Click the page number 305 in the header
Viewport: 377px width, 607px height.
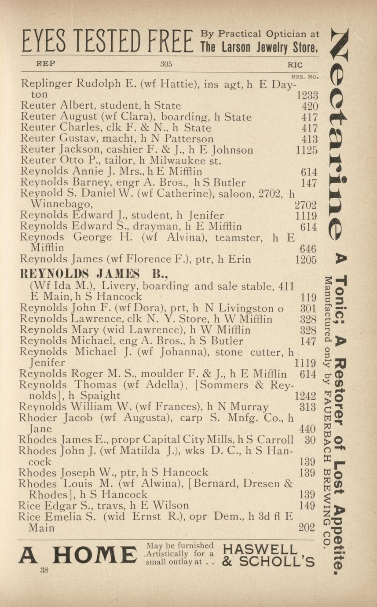pos(166,64)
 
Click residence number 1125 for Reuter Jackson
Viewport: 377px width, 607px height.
pos(307,150)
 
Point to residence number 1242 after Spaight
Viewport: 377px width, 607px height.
pos(305,396)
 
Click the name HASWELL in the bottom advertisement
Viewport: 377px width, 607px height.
pos(260,549)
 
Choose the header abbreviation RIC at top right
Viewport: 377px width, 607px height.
pos(295,64)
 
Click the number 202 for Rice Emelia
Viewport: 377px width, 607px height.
pos(307,527)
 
